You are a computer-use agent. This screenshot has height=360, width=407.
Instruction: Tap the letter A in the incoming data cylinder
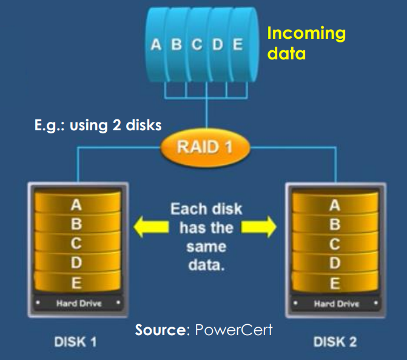pyautogui.click(x=156, y=45)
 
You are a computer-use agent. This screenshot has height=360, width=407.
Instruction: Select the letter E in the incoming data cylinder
pyautogui.click(x=237, y=45)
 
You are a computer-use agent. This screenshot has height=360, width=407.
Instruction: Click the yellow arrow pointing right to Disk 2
pyautogui.click(x=259, y=228)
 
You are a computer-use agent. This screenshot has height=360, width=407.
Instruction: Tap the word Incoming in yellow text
pyautogui.click(x=306, y=33)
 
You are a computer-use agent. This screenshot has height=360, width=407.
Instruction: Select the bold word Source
pyautogui.click(x=159, y=330)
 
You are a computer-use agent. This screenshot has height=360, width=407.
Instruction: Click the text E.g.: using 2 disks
pyautogui.click(x=98, y=126)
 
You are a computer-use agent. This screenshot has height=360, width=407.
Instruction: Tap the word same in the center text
pyautogui.click(x=206, y=248)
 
